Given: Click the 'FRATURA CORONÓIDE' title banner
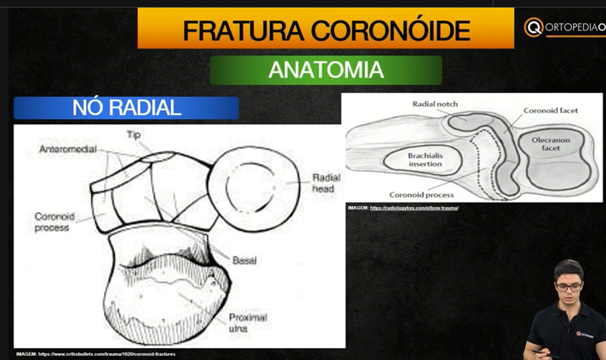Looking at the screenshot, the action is coord(326,30).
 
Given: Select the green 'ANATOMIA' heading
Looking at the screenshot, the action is coord(326,70).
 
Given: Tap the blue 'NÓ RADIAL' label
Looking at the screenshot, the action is coord(126,108).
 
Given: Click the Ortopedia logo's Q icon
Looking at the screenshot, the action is coord(534,27).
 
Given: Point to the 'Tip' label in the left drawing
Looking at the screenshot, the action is coord(134,135).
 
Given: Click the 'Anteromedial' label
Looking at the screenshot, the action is coord(67,150).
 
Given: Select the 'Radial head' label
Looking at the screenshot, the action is coord(325,183).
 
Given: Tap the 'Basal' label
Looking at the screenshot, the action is coord(244,260).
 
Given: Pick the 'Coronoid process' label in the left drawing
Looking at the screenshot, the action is coord(54,222).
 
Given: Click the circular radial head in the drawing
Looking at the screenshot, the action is coord(256,186).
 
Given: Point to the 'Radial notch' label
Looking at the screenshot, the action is coord(435,104).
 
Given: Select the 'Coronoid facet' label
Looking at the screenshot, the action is coord(551,111).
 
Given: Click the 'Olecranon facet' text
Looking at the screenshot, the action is coord(551,144).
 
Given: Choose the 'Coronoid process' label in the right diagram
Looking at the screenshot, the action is coord(421,195).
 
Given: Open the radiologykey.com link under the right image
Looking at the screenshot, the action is coord(414,209).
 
